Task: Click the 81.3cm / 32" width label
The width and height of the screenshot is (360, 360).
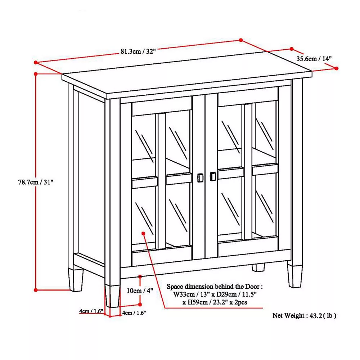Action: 138,51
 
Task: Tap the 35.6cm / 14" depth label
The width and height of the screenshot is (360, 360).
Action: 314,59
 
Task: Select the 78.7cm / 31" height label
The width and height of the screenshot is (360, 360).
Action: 36,182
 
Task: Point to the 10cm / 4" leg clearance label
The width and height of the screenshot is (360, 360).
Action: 140,291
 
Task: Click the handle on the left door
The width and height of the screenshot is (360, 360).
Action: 200,178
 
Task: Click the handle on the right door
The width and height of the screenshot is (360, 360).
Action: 213,176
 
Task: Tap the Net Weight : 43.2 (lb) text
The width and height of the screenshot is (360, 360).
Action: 305,316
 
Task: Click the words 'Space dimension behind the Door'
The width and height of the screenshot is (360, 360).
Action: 213,287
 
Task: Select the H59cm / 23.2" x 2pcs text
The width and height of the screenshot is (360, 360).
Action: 215,302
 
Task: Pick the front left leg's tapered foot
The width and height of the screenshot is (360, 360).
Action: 112,296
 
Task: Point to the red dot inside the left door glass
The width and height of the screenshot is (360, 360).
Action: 144,233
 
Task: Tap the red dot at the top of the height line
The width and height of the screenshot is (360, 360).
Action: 36,74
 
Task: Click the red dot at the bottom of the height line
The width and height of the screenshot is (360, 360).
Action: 36,290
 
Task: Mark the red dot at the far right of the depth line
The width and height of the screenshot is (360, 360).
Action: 336,68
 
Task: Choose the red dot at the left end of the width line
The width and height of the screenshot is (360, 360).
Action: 36,62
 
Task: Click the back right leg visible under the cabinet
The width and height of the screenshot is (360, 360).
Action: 258,267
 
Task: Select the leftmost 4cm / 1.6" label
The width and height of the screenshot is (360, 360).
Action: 91,311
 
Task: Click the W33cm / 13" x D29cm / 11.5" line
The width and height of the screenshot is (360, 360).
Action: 215,294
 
